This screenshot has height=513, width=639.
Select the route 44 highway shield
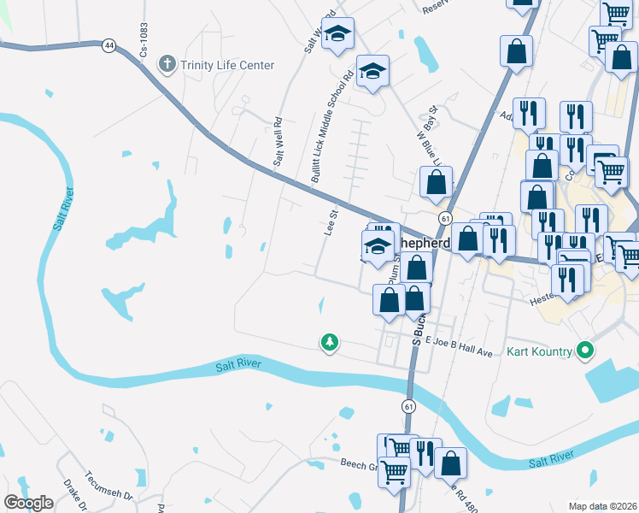click(x=108, y=45)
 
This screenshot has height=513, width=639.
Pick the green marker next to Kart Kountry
click(x=585, y=351)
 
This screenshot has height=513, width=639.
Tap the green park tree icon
click(x=329, y=343)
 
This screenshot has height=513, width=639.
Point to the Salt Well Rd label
click(x=278, y=142)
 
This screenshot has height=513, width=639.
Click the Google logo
click(x=29, y=503)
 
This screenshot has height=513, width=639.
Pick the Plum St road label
click(x=394, y=272)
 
